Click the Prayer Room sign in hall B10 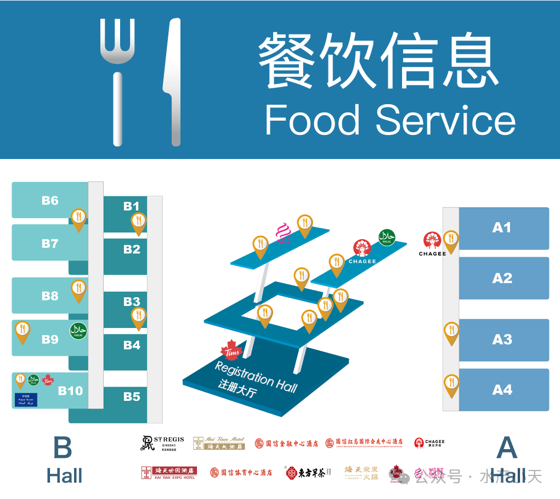tap(26, 400)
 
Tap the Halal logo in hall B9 tap(78, 331)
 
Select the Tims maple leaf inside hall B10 tap(48, 379)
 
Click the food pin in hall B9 tap(22, 331)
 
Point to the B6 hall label tap(50, 201)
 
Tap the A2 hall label tap(502, 278)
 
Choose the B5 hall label tap(132, 396)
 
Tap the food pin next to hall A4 tap(451, 384)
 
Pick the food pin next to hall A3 tap(451, 332)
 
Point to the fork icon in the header tap(117, 82)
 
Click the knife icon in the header tap(173, 82)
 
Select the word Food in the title tap(313, 120)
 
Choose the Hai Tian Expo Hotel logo tap(168, 473)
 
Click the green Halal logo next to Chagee tap(387, 237)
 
